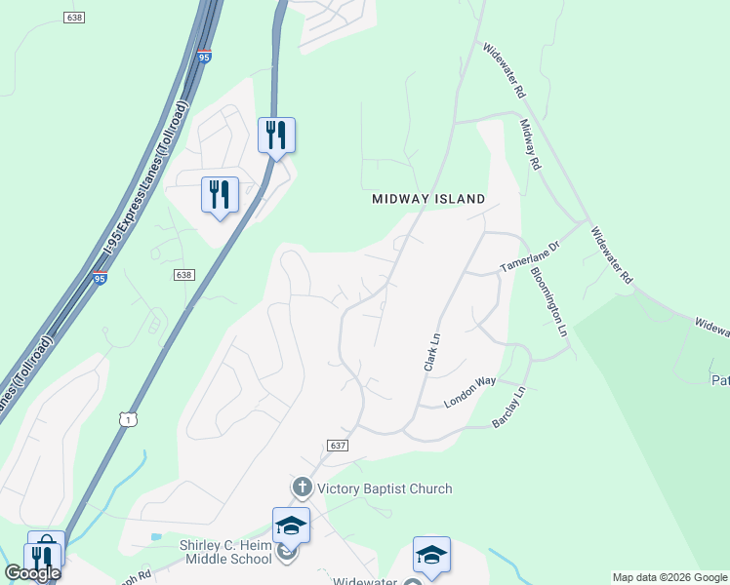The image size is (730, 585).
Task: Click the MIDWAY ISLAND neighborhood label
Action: [x=428, y=199]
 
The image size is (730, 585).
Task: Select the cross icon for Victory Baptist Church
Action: [x=302, y=487]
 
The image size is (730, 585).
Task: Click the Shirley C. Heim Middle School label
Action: [x=225, y=552]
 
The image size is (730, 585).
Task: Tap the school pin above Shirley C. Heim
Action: [x=291, y=526]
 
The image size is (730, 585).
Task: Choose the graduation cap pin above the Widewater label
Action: [x=431, y=555]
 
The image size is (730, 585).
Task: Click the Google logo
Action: [x=32, y=573]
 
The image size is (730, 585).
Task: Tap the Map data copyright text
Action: [x=669, y=577]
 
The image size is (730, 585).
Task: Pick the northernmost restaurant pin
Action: [x=276, y=135]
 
